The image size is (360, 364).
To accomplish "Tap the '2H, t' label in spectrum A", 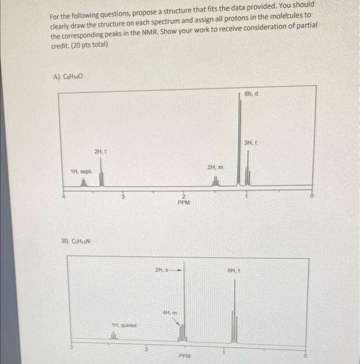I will [x=100, y=151].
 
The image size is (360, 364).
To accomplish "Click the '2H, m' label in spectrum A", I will [x=214, y=167].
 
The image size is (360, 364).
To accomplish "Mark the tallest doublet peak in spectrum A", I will [x=239, y=140].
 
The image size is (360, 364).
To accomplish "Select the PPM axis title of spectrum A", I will [x=184, y=204].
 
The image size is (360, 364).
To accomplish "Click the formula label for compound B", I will [x=74, y=241].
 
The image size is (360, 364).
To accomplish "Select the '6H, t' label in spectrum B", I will [x=234, y=270].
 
